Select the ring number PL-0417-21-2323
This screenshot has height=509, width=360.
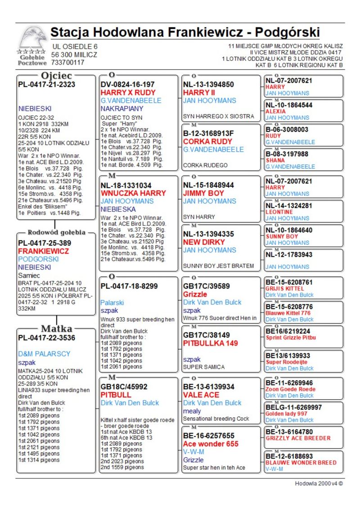click(46, 84)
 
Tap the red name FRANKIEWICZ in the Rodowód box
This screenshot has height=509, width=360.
click(43, 251)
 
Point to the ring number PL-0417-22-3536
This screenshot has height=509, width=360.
click(46, 338)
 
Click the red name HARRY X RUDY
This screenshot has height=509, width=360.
click(128, 92)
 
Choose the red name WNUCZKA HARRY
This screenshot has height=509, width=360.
click(127, 193)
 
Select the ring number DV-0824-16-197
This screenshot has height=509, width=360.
click(127, 84)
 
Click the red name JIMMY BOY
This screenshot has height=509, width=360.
click(203, 193)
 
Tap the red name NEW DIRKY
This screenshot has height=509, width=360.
click(204, 242)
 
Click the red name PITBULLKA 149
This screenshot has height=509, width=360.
click(211, 343)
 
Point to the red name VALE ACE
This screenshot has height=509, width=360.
click(201, 395)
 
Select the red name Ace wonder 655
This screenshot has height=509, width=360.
click(211, 444)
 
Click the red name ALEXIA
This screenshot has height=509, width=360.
click(275, 111)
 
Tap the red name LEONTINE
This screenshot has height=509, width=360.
click(279, 212)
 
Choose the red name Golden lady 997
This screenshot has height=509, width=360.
click(286, 414)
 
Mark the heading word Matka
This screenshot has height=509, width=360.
click(56, 328)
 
